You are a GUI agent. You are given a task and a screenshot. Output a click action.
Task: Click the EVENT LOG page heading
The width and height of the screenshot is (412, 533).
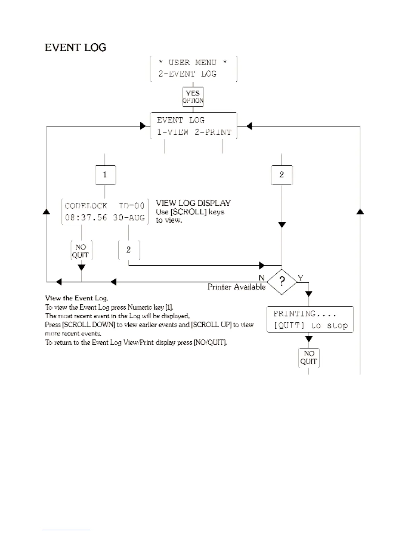(75, 48)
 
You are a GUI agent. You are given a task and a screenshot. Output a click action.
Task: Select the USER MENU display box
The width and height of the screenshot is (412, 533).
(194, 69)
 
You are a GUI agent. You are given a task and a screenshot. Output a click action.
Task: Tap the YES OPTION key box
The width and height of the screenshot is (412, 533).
(193, 97)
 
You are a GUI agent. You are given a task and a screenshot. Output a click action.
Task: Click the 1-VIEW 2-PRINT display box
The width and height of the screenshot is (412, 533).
(194, 126)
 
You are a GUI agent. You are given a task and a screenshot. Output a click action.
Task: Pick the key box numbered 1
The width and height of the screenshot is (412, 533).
(105, 175)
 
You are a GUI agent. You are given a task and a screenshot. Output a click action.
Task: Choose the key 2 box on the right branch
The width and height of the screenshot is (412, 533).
(282, 175)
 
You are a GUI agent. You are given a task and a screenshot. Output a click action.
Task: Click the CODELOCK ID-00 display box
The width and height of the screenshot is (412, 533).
(105, 212)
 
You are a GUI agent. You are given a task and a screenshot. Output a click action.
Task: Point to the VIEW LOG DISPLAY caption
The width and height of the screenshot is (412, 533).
(193, 203)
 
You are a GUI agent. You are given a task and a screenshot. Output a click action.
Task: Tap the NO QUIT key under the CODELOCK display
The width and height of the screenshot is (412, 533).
(81, 251)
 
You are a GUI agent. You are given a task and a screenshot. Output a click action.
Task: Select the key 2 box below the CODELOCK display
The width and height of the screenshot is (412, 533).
(129, 250)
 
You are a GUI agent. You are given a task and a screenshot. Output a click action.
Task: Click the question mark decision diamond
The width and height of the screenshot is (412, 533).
(282, 282)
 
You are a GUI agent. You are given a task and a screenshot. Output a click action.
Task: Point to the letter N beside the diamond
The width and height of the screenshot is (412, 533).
(261, 278)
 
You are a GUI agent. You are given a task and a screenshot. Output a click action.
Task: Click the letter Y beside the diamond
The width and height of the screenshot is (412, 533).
(300, 278)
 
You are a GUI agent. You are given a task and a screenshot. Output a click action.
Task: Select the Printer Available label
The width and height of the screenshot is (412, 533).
(236, 287)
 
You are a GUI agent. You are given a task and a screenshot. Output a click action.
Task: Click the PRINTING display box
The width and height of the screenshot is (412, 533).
(310, 319)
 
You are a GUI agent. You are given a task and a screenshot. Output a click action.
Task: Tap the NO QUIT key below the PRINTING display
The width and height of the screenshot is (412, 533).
(309, 358)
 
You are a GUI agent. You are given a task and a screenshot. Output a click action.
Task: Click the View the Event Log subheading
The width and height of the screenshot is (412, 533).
(76, 298)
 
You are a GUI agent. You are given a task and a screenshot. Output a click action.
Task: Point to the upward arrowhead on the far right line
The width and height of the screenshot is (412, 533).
(360, 212)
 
